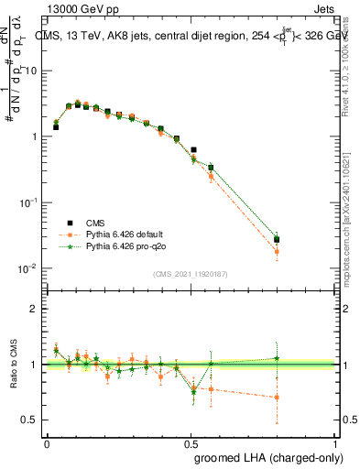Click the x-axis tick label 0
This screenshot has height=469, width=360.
point(47,443)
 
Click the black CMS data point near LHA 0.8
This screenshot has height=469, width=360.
point(277,240)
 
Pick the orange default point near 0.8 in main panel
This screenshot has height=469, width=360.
point(277,251)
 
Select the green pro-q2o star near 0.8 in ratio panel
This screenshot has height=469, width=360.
point(277,358)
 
